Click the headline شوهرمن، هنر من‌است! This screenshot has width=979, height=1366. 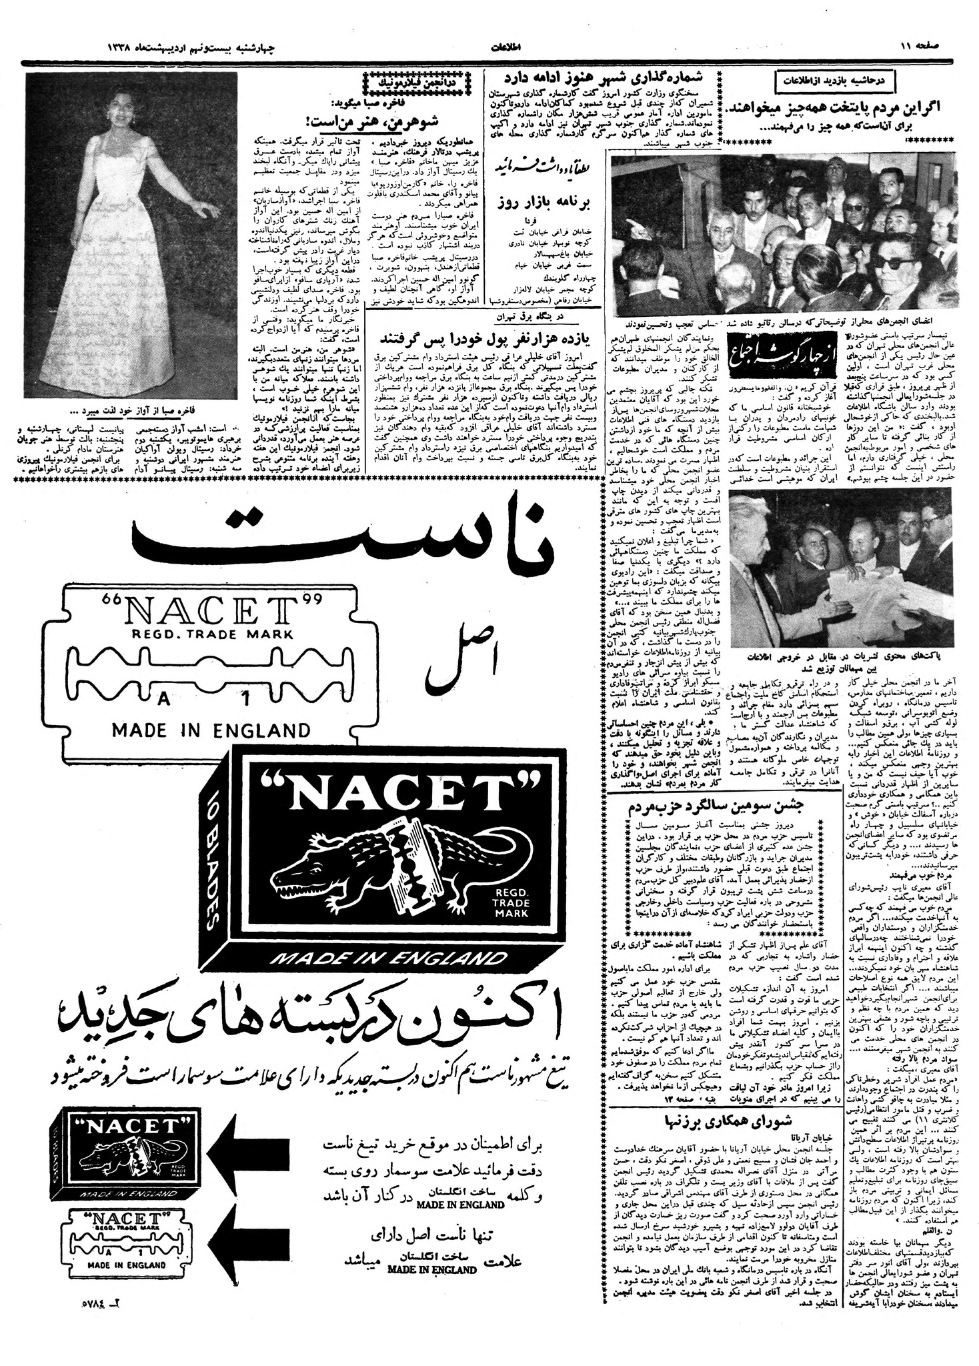(313, 121)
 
